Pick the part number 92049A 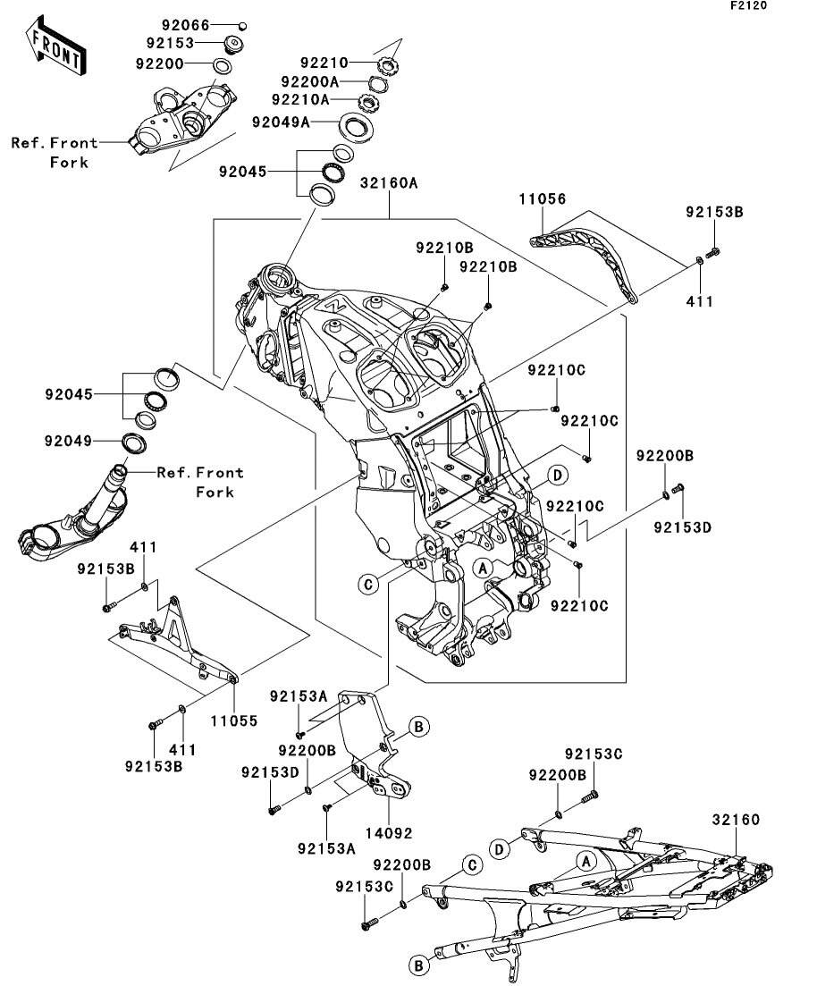click(281, 122)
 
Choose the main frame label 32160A click(390, 184)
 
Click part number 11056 click(543, 199)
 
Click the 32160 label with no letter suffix click(736, 819)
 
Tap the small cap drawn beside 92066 click(241, 25)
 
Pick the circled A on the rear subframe click(585, 861)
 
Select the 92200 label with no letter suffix click(159, 63)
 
